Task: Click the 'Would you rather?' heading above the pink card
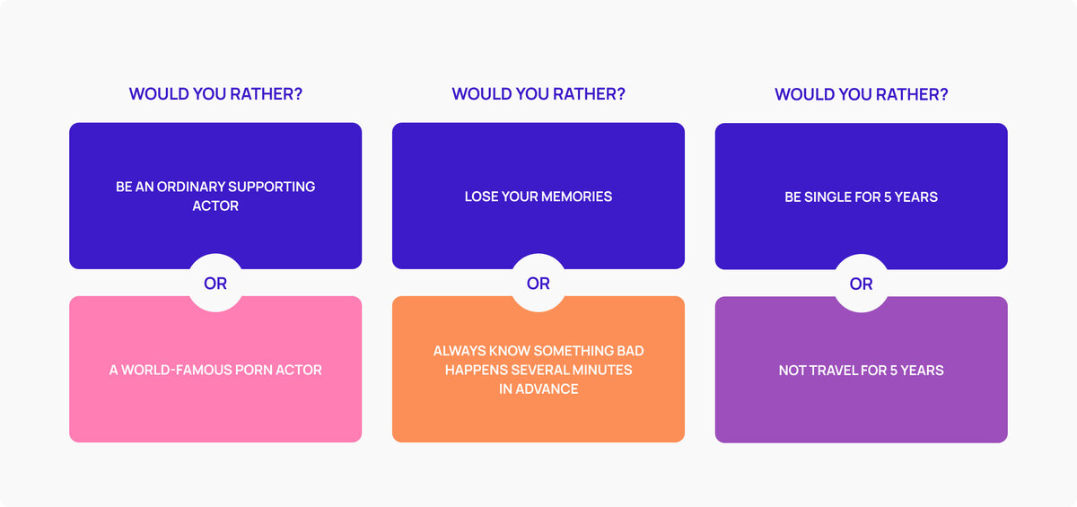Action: click(215, 94)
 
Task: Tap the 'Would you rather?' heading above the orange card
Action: click(538, 94)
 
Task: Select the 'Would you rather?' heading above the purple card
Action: click(862, 94)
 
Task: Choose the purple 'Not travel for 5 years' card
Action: click(862, 404)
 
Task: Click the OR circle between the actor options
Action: click(215, 284)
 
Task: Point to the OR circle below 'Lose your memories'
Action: click(538, 284)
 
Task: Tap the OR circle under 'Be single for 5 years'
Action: click(862, 284)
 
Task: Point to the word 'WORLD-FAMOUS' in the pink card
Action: click(173, 370)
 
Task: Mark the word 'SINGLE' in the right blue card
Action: click(827, 197)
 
